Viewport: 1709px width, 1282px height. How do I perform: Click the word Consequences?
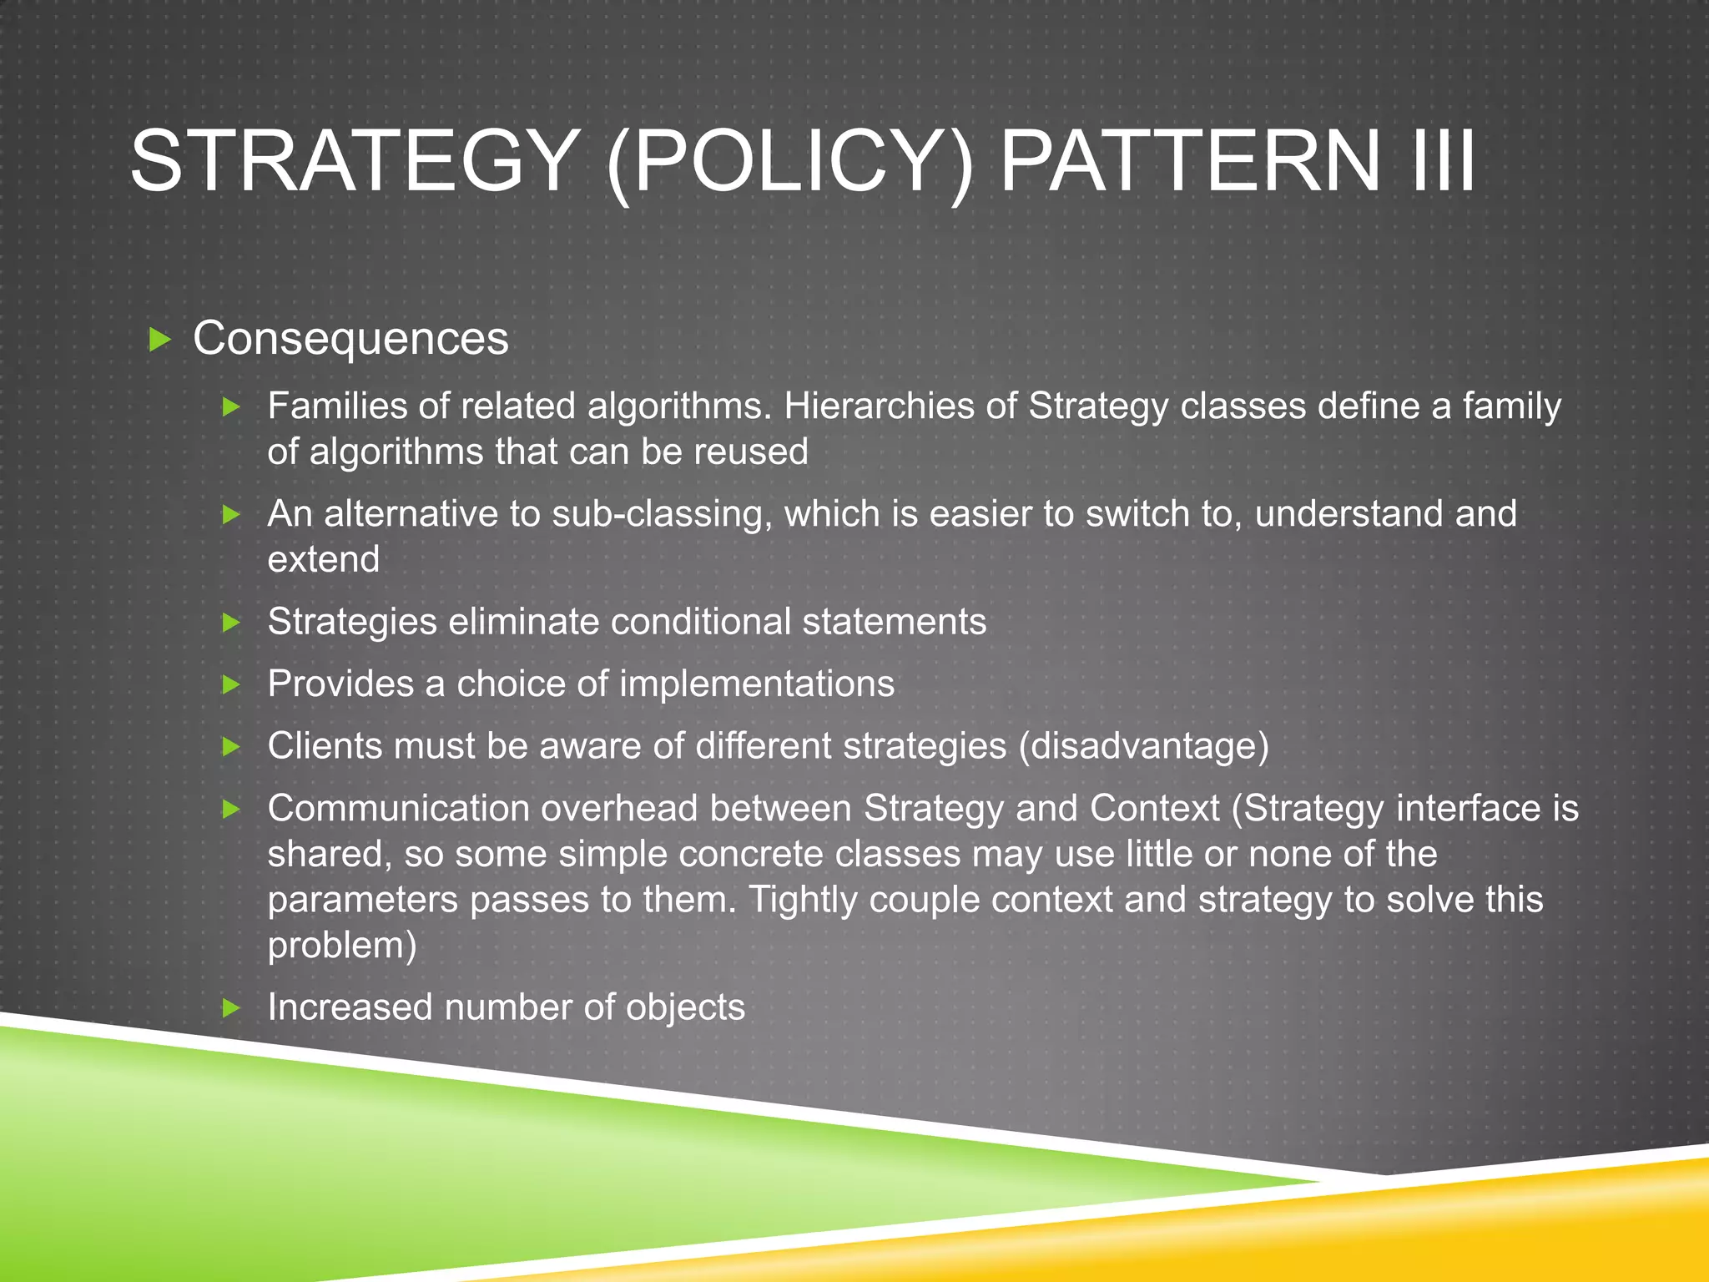[x=350, y=339]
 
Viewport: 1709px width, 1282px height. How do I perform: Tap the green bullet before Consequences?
[x=159, y=340]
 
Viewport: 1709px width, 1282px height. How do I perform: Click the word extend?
[x=323, y=560]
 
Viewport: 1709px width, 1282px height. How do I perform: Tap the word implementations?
[x=756, y=684]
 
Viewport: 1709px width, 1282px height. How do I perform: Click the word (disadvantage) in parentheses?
[x=1143, y=746]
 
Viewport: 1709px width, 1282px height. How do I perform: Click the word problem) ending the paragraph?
[x=341, y=946]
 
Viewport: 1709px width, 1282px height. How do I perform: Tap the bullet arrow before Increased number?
[x=231, y=1008]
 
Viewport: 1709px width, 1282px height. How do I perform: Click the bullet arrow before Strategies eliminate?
[x=231, y=623]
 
